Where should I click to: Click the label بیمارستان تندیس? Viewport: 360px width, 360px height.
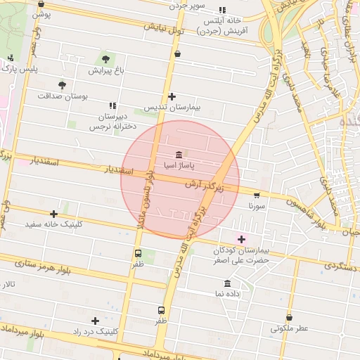pos(172,108)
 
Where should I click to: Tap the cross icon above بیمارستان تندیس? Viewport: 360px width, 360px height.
pos(172,96)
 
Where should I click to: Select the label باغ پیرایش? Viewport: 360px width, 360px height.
pos(106,70)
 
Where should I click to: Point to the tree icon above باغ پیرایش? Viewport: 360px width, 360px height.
pos(106,59)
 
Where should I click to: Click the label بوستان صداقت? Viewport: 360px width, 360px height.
pos(63,96)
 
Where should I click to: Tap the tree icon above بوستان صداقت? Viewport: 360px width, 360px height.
pos(63,84)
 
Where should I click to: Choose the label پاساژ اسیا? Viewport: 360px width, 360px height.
pos(179,166)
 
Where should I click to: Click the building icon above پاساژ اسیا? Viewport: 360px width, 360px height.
pos(179,155)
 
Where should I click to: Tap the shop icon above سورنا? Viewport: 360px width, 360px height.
pos(257,196)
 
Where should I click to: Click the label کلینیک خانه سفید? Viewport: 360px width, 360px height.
pos(54,224)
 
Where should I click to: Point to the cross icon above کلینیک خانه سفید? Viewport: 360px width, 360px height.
pos(54,214)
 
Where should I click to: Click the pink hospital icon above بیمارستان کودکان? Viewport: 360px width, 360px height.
pos(242,239)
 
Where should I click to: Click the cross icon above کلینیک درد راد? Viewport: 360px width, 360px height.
pos(95,321)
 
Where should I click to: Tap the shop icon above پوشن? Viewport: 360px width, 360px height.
pos(41,4)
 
